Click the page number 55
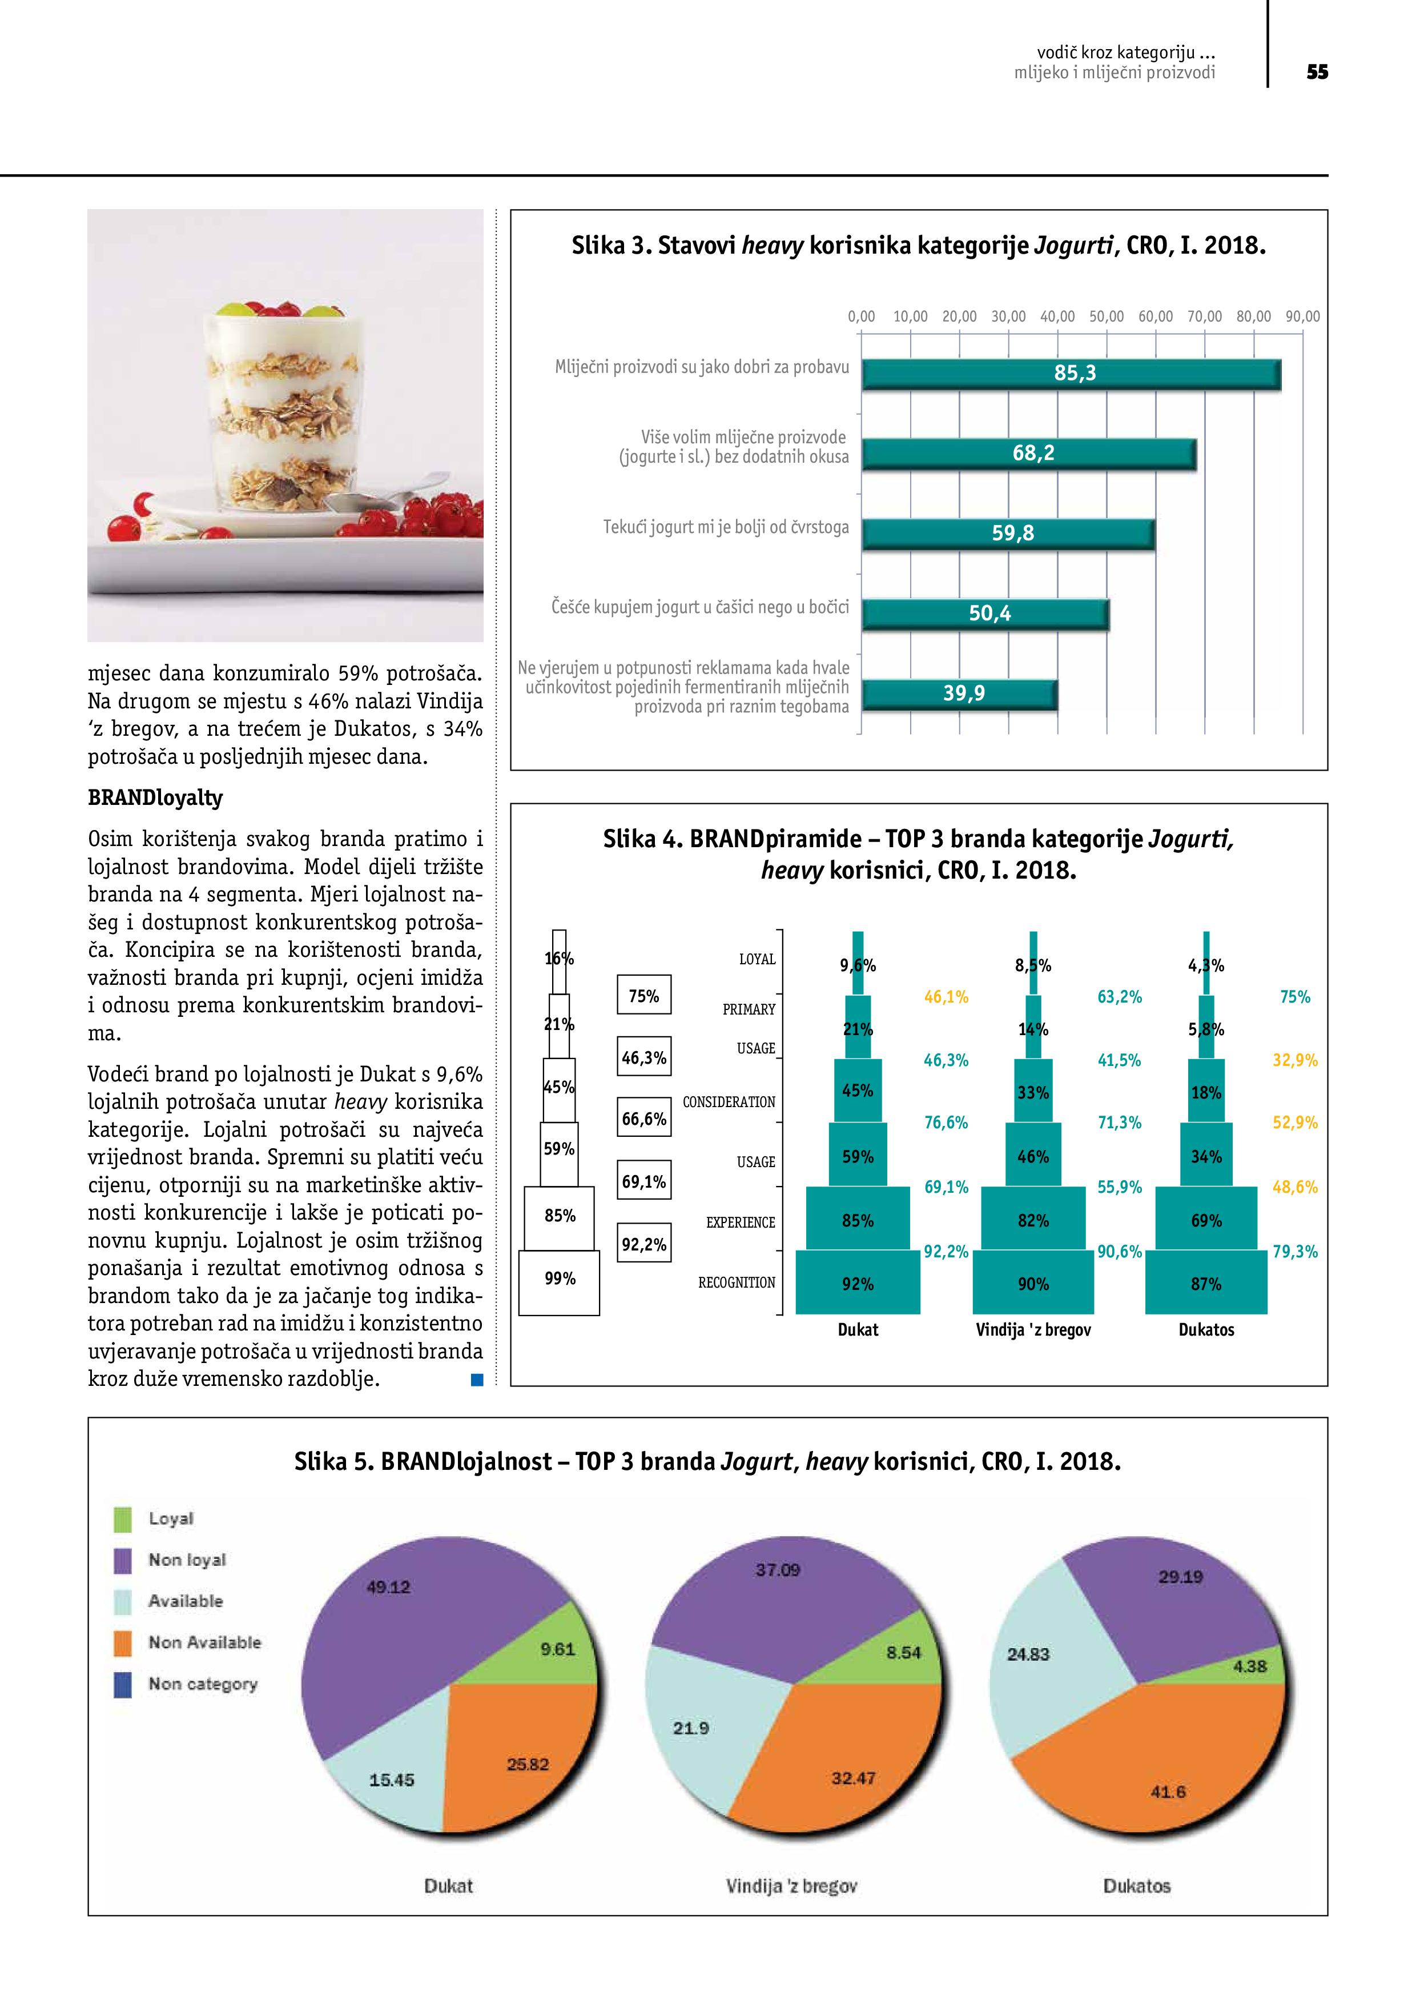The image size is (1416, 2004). [1317, 73]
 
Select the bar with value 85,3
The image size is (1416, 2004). [1071, 374]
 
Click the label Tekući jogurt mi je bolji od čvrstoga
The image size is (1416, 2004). [725, 527]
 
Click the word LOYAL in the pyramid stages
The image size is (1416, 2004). [757, 959]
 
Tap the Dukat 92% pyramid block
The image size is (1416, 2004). [858, 1283]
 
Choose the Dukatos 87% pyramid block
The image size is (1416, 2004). [1206, 1283]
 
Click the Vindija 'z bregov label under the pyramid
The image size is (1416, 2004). [1033, 1329]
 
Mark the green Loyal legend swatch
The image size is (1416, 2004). [123, 1519]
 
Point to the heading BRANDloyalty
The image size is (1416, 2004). [155, 797]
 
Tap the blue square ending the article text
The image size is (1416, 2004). [476, 1380]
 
